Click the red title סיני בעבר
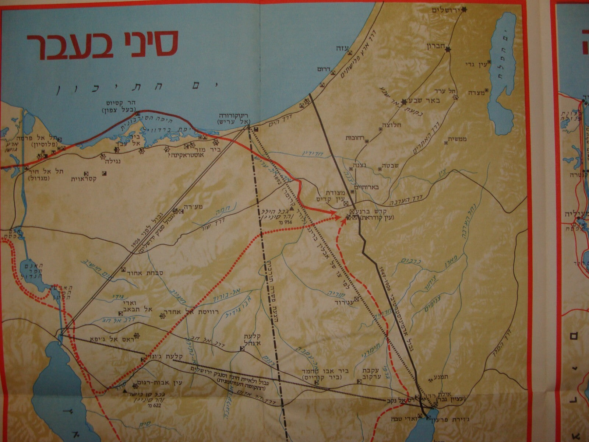point(103,43)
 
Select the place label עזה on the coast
point(339,48)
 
